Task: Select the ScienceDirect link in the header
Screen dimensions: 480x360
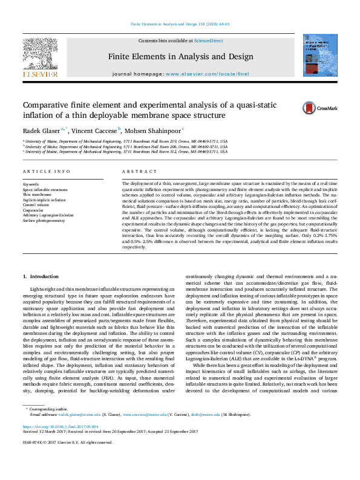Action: pyautogui.click(x=208, y=40)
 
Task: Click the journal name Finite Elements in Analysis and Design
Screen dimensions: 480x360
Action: pyautogui.click(x=180, y=57)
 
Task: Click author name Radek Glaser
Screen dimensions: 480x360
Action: pyautogui.click(x=42, y=130)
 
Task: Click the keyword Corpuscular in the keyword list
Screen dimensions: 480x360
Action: pyautogui.click(x=33, y=210)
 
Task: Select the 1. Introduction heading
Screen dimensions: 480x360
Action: pyautogui.click(x=41, y=276)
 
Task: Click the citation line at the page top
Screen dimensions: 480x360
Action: pyautogui.click(x=180, y=24)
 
